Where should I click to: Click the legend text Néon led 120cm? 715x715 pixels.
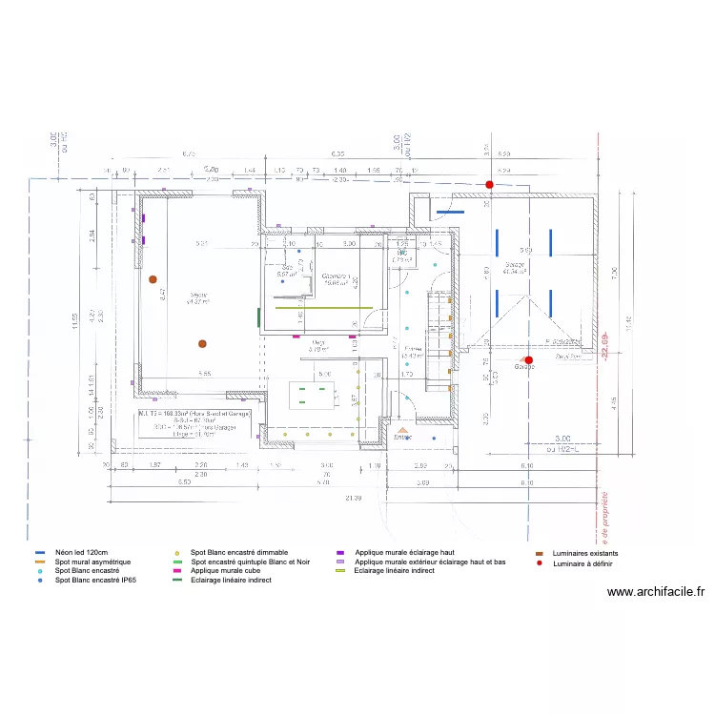(x=81, y=553)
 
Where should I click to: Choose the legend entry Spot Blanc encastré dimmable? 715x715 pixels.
(x=238, y=553)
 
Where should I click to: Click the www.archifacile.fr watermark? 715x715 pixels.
(x=656, y=592)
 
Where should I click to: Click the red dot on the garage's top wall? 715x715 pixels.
(x=489, y=184)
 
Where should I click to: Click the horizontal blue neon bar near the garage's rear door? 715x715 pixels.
(x=449, y=213)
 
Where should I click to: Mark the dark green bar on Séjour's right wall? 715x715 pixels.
(x=258, y=317)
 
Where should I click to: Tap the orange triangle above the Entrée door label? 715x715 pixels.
(x=402, y=429)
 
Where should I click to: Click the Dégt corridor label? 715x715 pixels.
(x=317, y=345)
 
